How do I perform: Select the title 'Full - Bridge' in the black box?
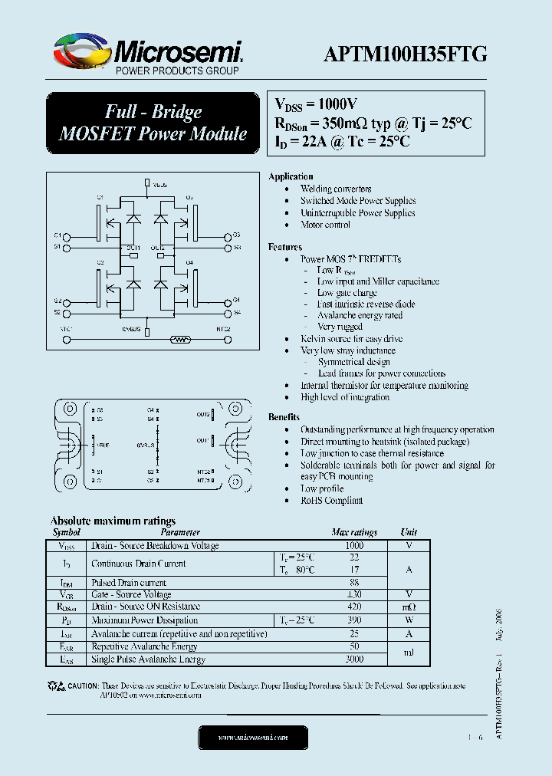(x=153, y=112)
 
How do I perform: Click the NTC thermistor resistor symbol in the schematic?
(x=180, y=337)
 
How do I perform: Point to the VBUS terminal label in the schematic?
(x=159, y=185)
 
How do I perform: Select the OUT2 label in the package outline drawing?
(x=202, y=414)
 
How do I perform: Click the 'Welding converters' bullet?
(x=336, y=189)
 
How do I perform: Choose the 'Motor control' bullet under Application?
(x=325, y=225)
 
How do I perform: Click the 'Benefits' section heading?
(x=284, y=417)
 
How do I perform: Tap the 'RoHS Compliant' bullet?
(x=331, y=501)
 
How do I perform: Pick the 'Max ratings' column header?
(x=353, y=532)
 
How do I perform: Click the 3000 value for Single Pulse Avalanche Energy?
(x=353, y=659)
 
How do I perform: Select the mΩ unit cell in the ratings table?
(x=409, y=607)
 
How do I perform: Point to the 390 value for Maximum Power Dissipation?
(x=353, y=620)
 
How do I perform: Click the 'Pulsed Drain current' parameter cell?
(x=128, y=583)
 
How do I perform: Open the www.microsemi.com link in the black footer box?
(x=253, y=738)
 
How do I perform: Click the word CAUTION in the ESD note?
(x=83, y=686)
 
